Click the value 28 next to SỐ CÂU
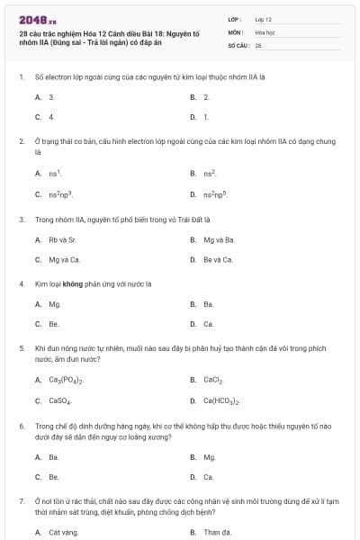pos(258,44)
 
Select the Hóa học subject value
pos(265,31)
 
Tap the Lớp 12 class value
pos(263,19)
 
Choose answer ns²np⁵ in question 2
pos(214,194)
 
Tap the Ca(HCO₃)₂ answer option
pos(221,400)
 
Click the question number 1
pos(21,76)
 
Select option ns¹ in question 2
pos(55,174)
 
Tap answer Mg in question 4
pos(55,304)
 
